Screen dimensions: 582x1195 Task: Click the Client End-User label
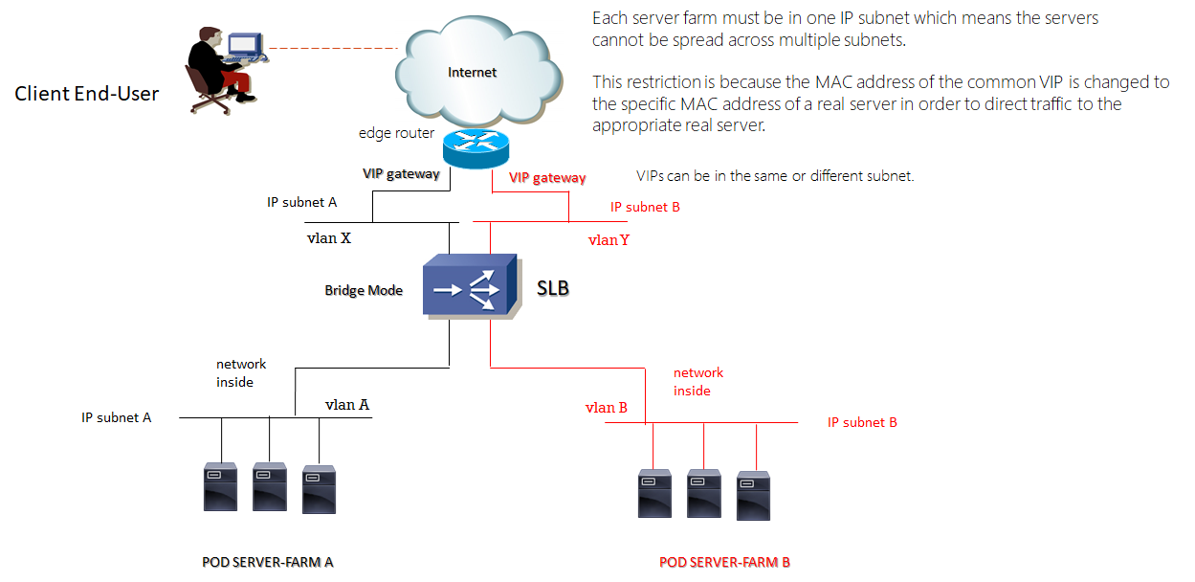pyautogui.click(x=87, y=94)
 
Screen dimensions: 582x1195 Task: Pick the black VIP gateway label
pyautogui.click(x=401, y=174)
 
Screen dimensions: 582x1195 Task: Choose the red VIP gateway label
pyautogui.click(x=547, y=177)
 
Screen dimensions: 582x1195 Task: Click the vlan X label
pyautogui.click(x=328, y=238)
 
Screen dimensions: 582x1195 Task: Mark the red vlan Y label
pyautogui.click(x=609, y=240)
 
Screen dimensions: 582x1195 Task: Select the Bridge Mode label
pyautogui.click(x=364, y=290)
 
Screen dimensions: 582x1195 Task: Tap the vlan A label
pyautogui.click(x=347, y=405)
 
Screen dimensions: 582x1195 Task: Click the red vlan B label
pyautogui.click(x=607, y=408)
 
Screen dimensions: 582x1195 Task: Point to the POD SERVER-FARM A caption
pyautogui.click(x=267, y=562)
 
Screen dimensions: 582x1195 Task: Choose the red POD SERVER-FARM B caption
pyautogui.click(x=724, y=562)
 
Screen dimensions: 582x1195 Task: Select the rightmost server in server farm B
pyautogui.click(x=753, y=494)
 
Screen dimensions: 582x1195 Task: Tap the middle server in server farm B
pyautogui.click(x=703, y=492)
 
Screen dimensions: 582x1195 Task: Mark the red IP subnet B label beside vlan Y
pyautogui.click(x=645, y=207)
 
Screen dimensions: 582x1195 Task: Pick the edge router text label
pyautogui.click(x=396, y=133)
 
